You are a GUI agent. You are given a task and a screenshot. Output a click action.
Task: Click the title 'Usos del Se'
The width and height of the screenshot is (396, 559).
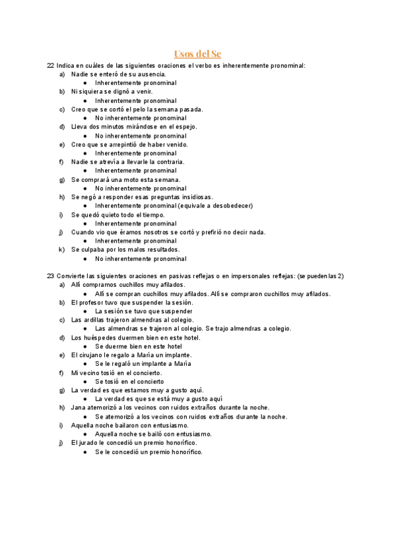197,53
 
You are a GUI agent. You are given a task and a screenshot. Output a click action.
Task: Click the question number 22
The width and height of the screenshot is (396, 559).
51,66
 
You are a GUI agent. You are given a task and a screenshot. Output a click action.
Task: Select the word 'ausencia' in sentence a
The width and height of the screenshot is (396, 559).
152,74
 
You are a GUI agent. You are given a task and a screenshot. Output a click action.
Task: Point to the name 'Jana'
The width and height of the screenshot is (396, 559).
78,408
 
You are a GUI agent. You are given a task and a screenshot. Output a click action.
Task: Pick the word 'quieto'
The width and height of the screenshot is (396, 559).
118,215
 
